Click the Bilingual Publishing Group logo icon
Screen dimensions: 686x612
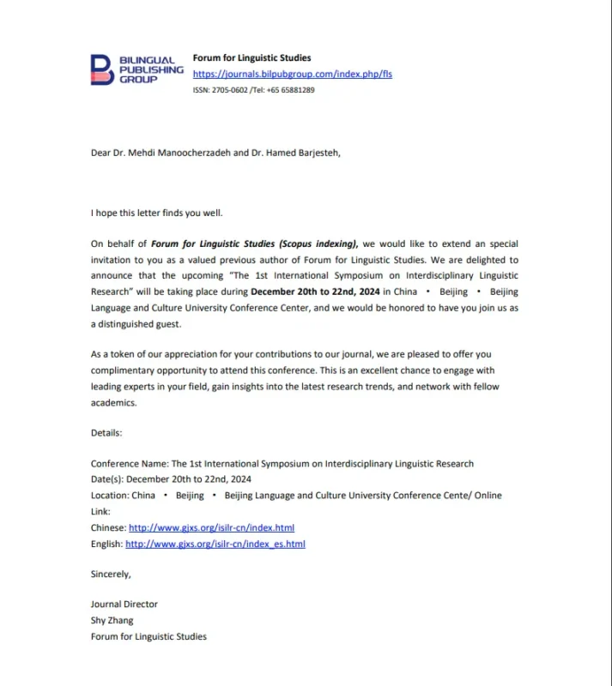point(101,69)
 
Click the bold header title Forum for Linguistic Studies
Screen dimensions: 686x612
point(251,58)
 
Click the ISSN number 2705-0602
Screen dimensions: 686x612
point(227,89)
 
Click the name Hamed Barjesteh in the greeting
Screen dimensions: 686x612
point(274,153)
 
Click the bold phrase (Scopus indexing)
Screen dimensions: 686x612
point(316,244)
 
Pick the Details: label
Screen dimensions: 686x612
point(106,433)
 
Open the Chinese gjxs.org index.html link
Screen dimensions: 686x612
point(211,527)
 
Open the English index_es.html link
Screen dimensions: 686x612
point(215,544)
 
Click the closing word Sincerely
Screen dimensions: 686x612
point(111,574)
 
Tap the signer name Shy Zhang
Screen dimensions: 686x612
point(112,620)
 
